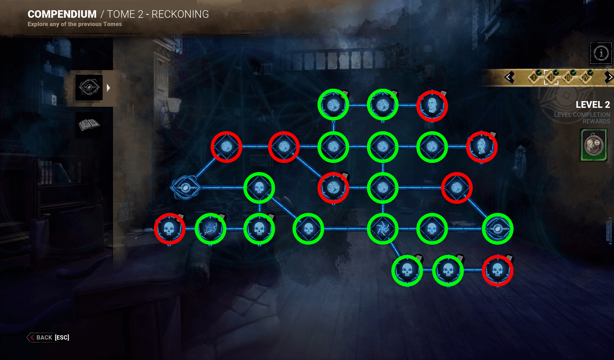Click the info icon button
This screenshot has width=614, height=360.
click(601, 53)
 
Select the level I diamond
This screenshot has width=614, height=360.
click(534, 78)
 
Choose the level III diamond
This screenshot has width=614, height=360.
click(568, 78)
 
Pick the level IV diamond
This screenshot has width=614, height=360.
click(585, 78)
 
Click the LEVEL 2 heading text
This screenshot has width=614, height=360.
click(593, 105)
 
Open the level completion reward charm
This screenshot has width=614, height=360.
click(594, 145)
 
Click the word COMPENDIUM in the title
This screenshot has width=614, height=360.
click(62, 14)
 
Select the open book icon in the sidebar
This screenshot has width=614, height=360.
click(89, 124)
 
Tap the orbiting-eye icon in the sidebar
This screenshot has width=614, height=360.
click(89, 87)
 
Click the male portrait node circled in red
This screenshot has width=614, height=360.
click(432, 106)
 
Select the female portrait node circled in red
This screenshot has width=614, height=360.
click(482, 147)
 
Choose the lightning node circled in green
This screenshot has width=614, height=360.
click(211, 229)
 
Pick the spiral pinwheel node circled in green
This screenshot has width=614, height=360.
click(382, 229)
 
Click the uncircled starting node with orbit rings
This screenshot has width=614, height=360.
click(185, 187)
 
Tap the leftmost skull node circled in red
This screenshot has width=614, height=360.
click(169, 229)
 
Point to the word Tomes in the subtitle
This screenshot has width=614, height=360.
click(113, 24)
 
